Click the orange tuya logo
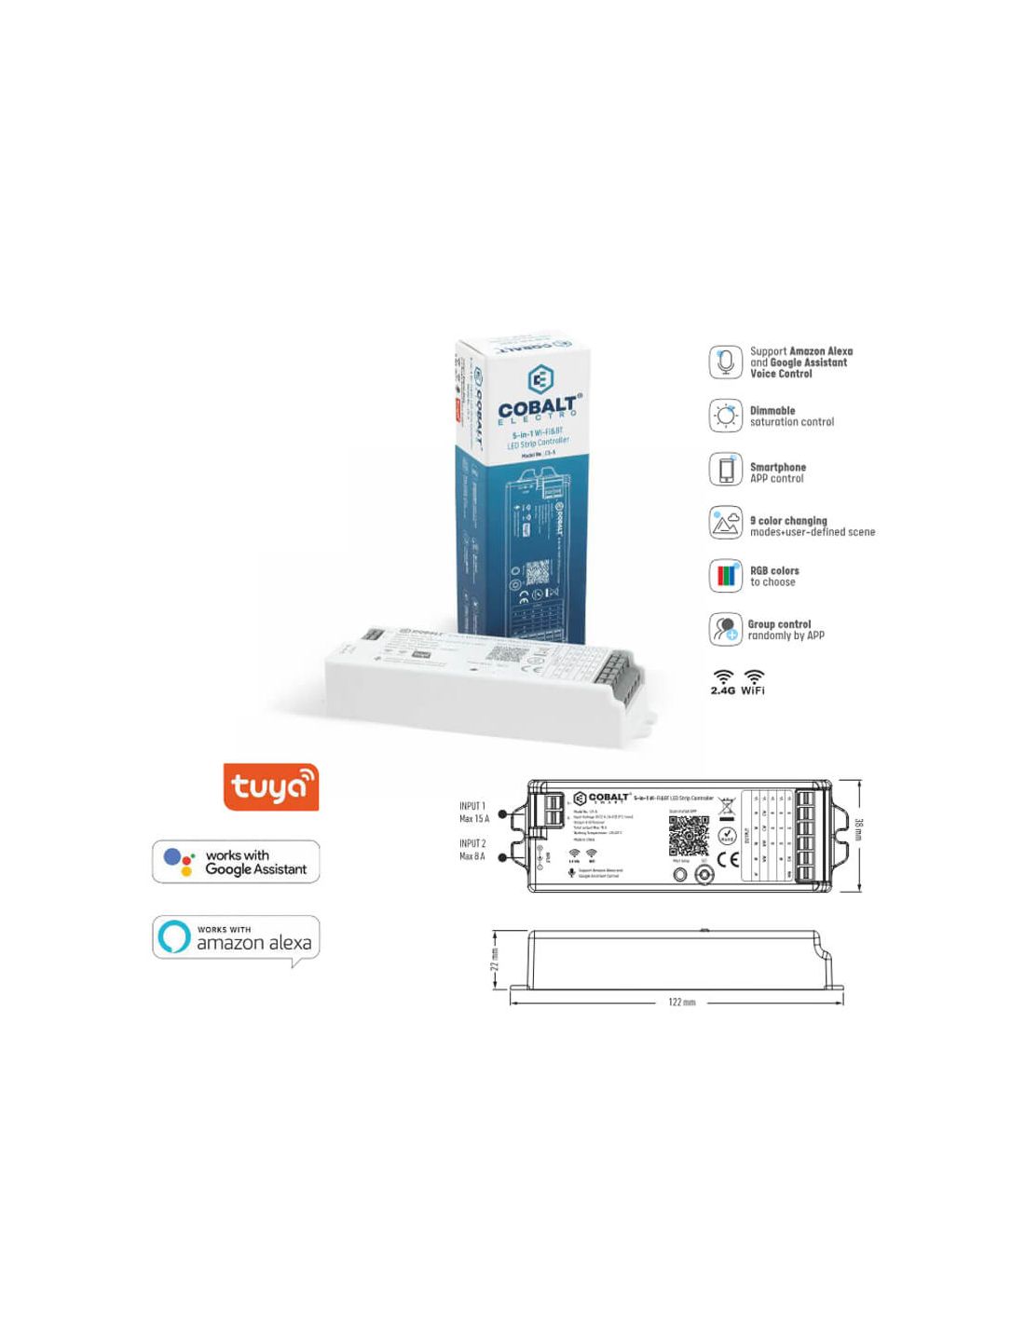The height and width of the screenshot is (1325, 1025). pyautogui.click(x=271, y=787)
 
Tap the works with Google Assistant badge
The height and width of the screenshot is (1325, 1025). pyautogui.click(x=236, y=862)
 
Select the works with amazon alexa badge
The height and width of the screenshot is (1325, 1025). pyautogui.click(x=236, y=938)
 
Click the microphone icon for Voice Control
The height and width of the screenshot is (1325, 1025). pyautogui.click(x=725, y=362)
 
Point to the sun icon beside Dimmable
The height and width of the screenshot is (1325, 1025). pyautogui.click(x=725, y=416)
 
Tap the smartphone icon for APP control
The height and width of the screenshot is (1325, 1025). pyautogui.click(x=725, y=470)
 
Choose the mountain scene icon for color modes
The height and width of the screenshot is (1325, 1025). pyautogui.click(x=725, y=524)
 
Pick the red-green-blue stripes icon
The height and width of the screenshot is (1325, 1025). pyautogui.click(x=725, y=576)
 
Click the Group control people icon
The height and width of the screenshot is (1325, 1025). pyautogui.click(x=725, y=630)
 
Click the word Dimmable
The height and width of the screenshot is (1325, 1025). pyautogui.click(x=772, y=411)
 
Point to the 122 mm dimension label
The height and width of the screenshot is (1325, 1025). pyautogui.click(x=682, y=1003)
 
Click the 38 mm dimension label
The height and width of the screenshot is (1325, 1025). pyautogui.click(x=858, y=829)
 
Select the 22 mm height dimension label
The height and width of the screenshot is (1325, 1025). pyautogui.click(x=495, y=960)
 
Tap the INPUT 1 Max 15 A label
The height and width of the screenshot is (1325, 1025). pyautogui.click(x=473, y=813)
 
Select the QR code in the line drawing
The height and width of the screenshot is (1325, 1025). pyautogui.click(x=689, y=837)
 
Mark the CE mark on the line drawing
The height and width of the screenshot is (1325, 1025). pyautogui.click(x=728, y=860)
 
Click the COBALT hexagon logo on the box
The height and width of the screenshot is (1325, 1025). pyautogui.click(x=540, y=379)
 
